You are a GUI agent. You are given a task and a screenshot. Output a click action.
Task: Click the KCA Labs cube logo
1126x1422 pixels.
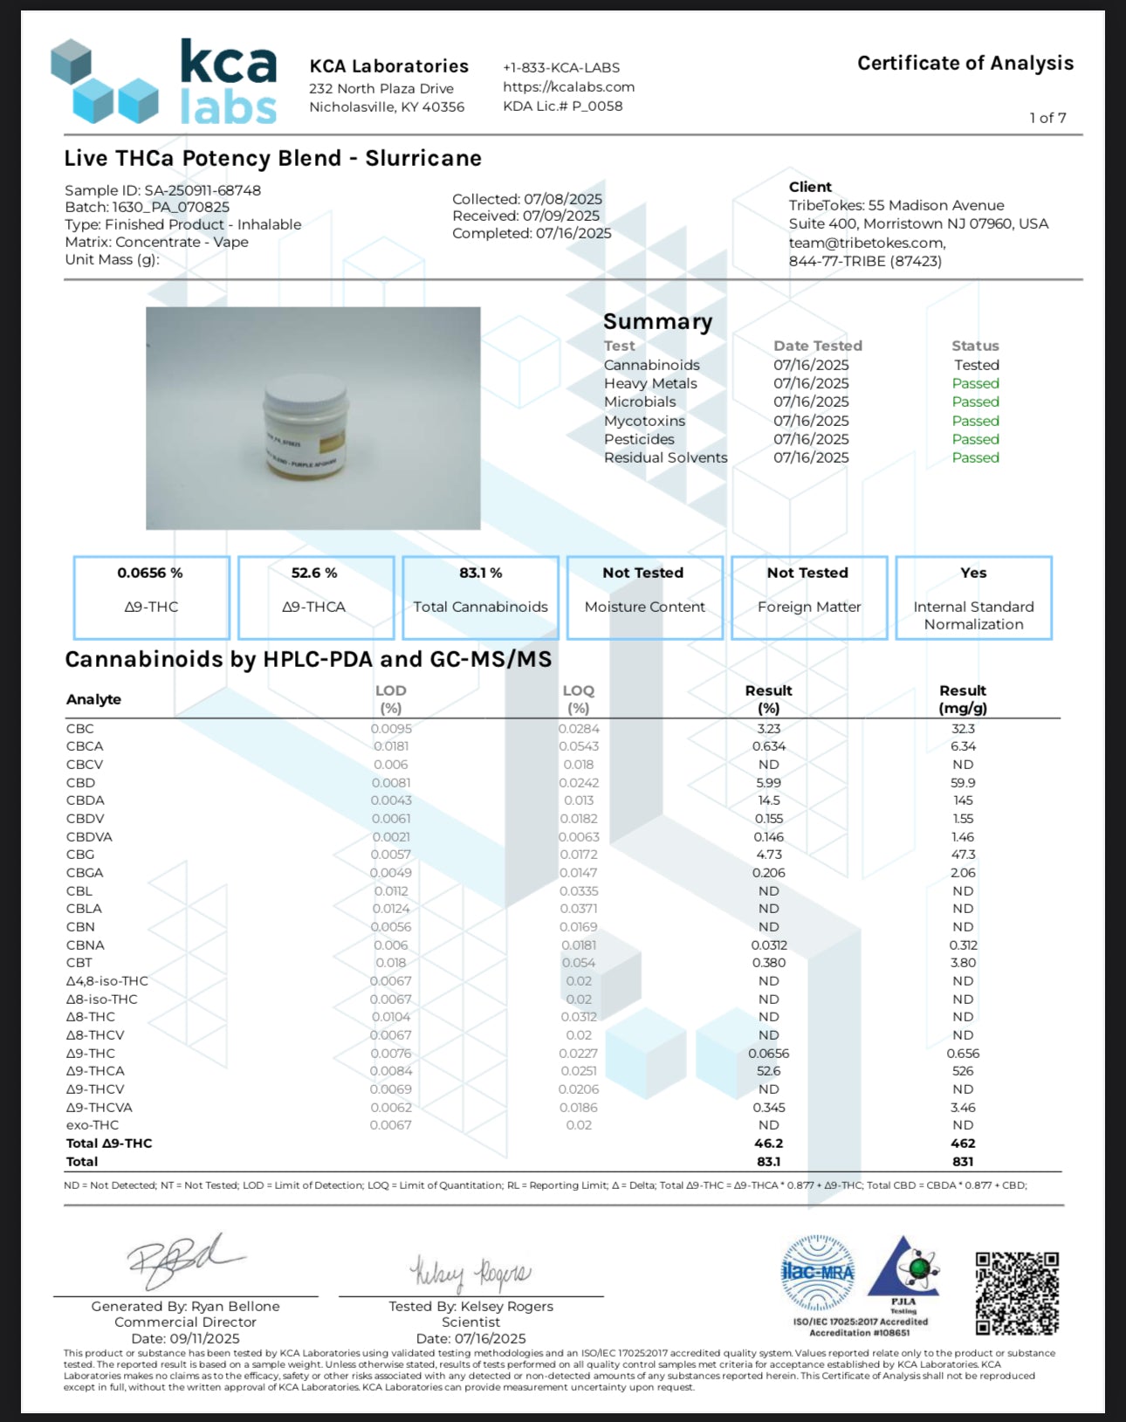[104, 82]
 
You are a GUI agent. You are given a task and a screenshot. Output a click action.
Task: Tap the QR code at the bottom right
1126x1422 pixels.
[1017, 1294]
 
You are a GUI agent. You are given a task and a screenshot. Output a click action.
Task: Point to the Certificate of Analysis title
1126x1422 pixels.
[965, 63]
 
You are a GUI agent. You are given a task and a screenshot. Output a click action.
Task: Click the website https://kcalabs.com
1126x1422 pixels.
[568, 86]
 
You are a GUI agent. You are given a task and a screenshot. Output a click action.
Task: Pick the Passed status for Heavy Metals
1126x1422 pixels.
[975, 383]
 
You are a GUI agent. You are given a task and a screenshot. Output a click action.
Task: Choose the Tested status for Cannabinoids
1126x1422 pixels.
[976, 365]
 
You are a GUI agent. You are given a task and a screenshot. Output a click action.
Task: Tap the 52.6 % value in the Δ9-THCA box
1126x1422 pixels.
[314, 573]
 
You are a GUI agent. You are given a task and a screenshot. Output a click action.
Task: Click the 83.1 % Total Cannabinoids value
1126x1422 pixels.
[480, 573]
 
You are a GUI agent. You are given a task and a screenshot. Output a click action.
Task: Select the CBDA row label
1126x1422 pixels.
[86, 800]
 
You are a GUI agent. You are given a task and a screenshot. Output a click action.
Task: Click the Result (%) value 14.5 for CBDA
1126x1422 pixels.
[768, 800]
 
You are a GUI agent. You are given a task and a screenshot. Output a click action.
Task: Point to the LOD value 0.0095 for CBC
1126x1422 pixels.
[391, 729]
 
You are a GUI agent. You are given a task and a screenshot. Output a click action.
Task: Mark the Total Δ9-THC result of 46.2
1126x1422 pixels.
[768, 1144]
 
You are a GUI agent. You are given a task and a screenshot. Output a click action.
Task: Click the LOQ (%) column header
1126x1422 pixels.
[578, 698]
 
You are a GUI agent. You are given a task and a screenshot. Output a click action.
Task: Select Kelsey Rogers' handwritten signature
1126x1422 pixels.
[470, 1274]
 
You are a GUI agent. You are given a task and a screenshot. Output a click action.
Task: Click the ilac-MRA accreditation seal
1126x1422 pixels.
[817, 1273]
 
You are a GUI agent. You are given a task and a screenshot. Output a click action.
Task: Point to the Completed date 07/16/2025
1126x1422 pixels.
[573, 234]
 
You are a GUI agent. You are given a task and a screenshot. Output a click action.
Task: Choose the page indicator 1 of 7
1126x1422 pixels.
[1047, 118]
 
